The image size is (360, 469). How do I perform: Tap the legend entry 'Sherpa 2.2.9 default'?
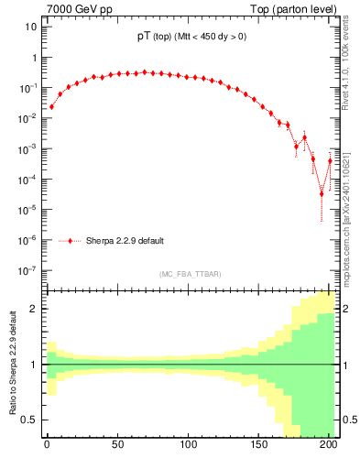(125, 241)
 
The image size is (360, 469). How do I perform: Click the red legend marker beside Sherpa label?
(71, 241)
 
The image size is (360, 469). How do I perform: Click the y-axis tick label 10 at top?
(29, 27)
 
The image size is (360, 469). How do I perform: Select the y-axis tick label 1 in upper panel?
(33, 58)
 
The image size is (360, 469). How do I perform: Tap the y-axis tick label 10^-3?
(27, 148)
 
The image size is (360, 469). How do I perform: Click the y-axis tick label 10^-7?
(27, 270)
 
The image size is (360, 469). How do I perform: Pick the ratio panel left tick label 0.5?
(29, 420)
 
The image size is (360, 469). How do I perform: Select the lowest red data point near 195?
(322, 193)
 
